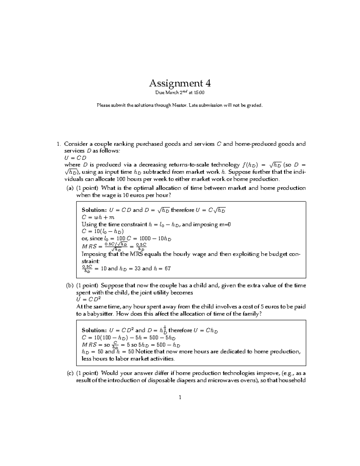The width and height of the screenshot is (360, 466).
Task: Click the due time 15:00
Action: tap(199, 93)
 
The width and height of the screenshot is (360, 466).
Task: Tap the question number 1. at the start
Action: tap(59, 144)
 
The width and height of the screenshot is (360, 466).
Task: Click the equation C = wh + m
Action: tap(98, 217)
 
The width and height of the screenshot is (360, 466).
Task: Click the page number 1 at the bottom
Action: tap(180, 398)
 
